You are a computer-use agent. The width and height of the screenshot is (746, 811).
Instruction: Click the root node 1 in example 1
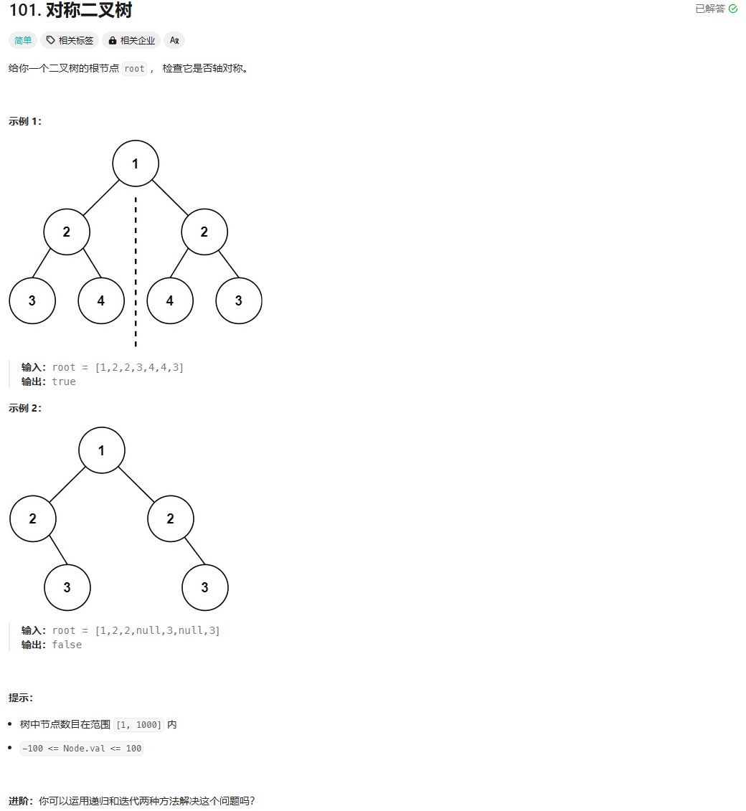click(136, 163)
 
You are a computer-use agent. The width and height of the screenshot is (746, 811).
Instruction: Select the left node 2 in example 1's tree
click(67, 232)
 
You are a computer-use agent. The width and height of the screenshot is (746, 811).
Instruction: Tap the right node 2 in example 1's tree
click(204, 232)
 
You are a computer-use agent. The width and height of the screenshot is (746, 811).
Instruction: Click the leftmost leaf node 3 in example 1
click(32, 300)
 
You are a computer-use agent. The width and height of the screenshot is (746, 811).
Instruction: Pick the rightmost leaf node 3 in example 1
click(239, 300)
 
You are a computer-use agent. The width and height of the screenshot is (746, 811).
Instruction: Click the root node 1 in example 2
click(102, 450)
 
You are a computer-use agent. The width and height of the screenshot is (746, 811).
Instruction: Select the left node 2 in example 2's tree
click(33, 518)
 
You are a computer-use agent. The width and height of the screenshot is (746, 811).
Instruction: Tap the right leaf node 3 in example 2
click(205, 587)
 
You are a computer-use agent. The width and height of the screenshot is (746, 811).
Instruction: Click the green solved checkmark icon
click(732, 9)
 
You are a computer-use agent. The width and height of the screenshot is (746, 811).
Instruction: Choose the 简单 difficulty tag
click(24, 40)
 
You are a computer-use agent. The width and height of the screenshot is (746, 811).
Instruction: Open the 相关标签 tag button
click(70, 40)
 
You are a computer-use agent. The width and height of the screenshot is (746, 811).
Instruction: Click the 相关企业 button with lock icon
click(131, 40)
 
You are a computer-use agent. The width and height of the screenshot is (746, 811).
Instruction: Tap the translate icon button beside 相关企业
click(174, 40)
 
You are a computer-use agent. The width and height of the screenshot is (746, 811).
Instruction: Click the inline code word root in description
click(134, 69)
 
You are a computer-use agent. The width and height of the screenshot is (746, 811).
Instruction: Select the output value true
click(64, 381)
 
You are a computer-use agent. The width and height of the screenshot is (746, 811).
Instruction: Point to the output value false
click(67, 645)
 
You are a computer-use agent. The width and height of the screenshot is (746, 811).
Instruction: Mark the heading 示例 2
click(25, 408)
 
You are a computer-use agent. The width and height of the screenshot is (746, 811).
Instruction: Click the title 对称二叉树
click(89, 11)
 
